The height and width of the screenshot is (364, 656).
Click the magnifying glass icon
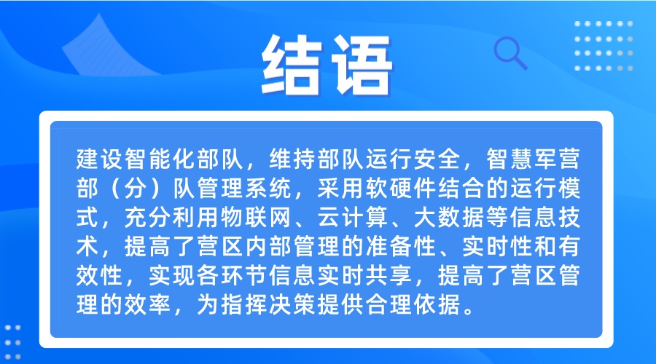[510, 52]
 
